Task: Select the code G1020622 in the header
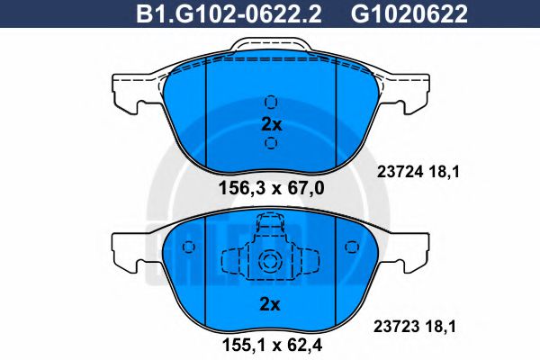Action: pyautogui.click(x=396, y=13)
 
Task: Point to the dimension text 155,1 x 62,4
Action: pyautogui.click(x=270, y=342)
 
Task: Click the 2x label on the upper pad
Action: pyautogui.click(x=271, y=124)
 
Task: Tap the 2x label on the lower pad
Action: pyautogui.click(x=271, y=304)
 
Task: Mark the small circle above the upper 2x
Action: pyautogui.click(x=271, y=101)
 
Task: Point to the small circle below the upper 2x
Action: pyautogui.click(x=271, y=144)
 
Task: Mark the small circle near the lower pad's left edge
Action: pyautogui.click(x=192, y=245)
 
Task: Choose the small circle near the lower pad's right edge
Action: pyautogui.click(x=350, y=245)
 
